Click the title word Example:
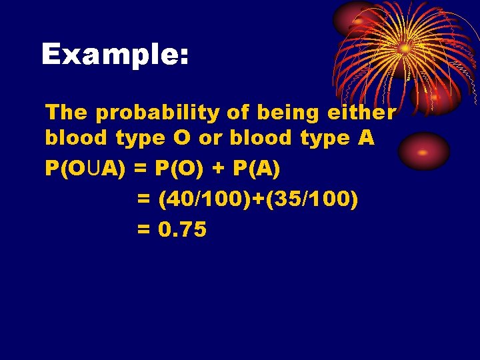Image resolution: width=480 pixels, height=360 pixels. [115, 55]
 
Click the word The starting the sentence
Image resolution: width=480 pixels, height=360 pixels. [67, 113]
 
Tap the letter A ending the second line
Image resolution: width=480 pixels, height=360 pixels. [365, 138]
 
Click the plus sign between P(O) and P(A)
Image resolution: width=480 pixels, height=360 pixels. [219, 169]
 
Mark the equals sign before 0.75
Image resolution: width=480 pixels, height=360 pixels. [143, 231]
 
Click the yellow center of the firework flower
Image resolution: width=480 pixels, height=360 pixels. [404, 48]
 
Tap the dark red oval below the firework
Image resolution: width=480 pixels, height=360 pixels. [424, 151]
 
